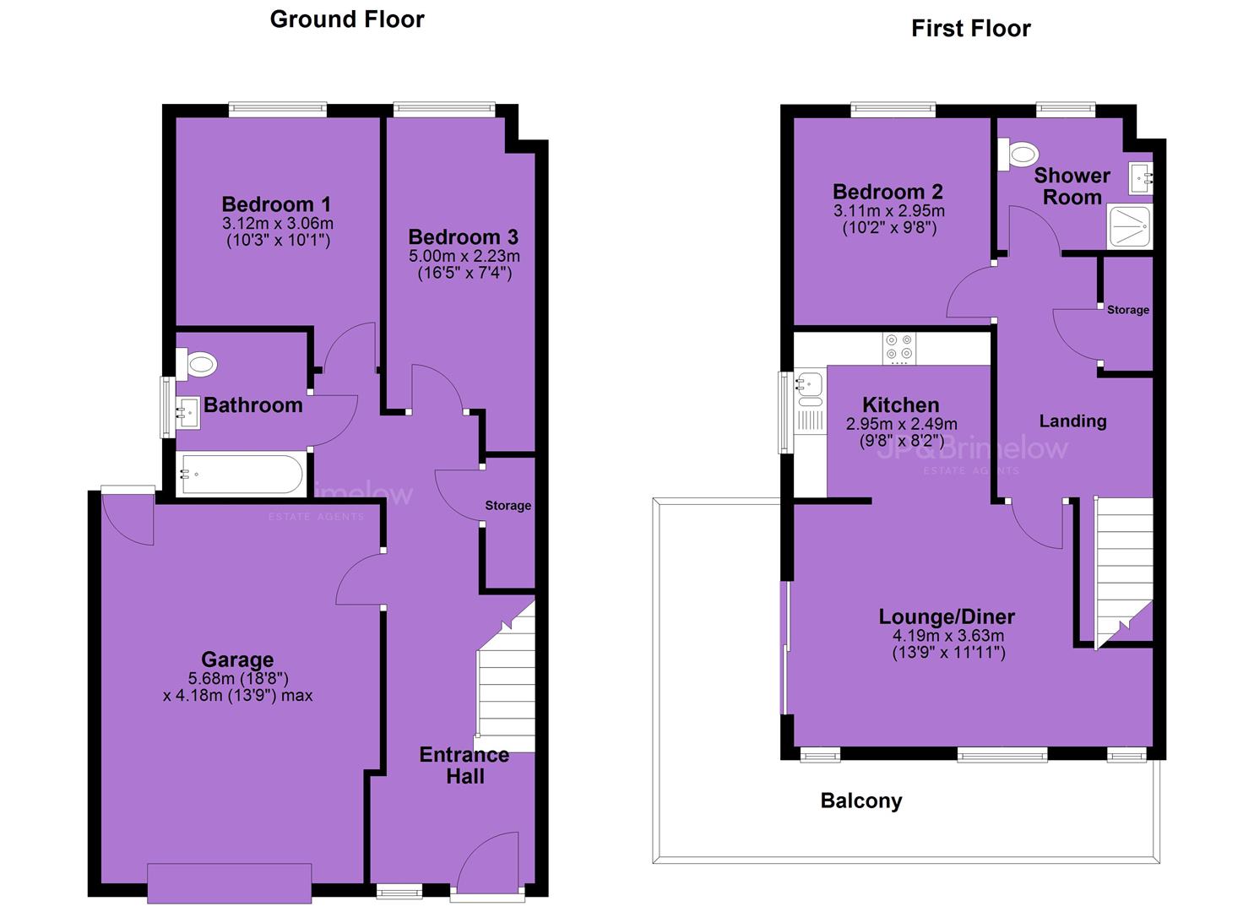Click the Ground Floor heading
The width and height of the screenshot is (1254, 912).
(347, 19)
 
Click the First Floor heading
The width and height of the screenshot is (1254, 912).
(971, 29)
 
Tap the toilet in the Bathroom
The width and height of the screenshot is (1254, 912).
(196, 365)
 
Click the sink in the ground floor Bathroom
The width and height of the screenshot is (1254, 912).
(188, 413)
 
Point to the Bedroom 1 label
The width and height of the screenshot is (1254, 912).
(276, 204)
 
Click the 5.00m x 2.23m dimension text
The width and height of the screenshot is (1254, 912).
(464, 257)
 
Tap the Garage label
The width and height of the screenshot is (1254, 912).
(237, 660)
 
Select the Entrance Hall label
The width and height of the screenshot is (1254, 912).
(464, 765)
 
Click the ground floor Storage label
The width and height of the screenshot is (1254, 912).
(508, 506)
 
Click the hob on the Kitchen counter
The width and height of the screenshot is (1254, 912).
(899, 348)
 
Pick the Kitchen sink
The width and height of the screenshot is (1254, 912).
(810, 386)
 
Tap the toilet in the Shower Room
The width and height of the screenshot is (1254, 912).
(1018, 154)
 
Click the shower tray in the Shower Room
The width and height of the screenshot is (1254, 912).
(1129, 227)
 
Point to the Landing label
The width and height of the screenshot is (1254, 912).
(1072, 421)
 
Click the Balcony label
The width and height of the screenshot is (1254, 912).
(861, 801)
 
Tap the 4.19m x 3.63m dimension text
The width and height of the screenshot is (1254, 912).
(948, 635)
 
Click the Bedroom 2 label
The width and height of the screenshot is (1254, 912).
(888, 192)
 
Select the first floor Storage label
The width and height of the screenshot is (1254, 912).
(1128, 310)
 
